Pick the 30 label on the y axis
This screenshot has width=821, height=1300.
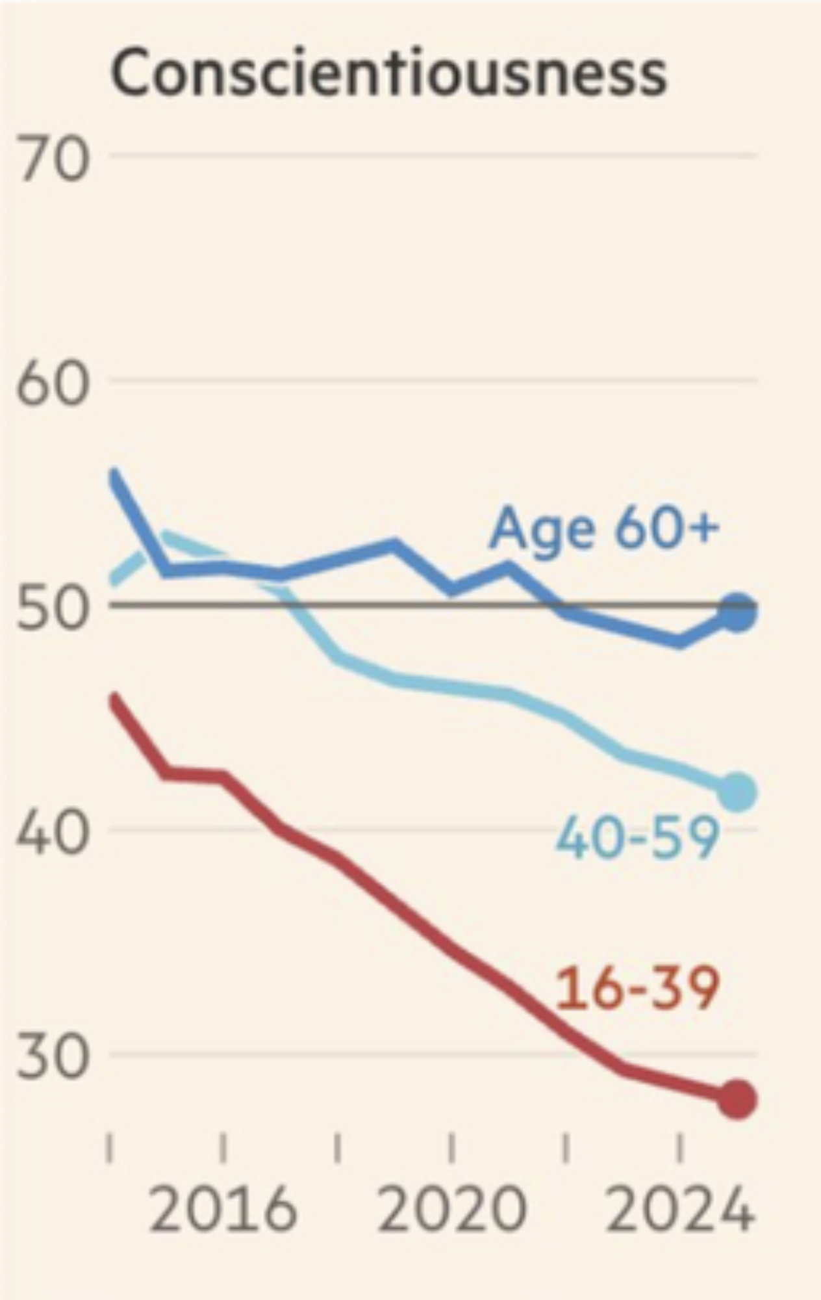52,1058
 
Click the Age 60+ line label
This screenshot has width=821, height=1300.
604,528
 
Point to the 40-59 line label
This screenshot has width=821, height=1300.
637,839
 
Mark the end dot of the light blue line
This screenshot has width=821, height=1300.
737,792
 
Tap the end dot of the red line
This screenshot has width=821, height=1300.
737,1100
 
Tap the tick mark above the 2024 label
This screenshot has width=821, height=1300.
680,1149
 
